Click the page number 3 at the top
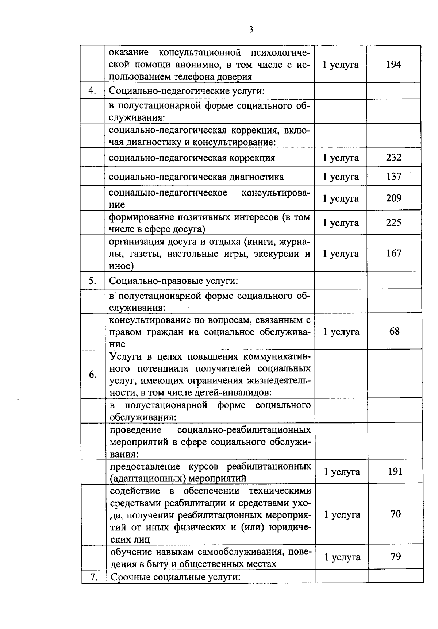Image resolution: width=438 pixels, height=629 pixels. pos(251,30)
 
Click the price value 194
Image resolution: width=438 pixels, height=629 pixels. pos(393,65)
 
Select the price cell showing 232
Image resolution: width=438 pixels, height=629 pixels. pos(393,158)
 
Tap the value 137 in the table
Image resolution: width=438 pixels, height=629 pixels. pos(394,177)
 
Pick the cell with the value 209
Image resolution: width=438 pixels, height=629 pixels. pos(393,198)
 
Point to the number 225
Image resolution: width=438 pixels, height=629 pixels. pos(393,223)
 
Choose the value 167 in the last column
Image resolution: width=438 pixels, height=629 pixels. pos(394,253)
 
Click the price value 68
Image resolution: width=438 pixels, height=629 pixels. pos(395,331)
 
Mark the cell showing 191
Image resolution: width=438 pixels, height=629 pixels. pos(395,471)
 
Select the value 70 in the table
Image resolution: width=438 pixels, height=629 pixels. pos(396,514)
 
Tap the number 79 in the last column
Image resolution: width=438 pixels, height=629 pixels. pos(396,557)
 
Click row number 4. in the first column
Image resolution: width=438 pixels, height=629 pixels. pos(92,90)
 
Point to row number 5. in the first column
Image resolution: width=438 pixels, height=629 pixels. pos(92,281)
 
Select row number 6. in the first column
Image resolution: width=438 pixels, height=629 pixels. pos(93,374)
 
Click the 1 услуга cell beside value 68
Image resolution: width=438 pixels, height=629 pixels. pos(341,332)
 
